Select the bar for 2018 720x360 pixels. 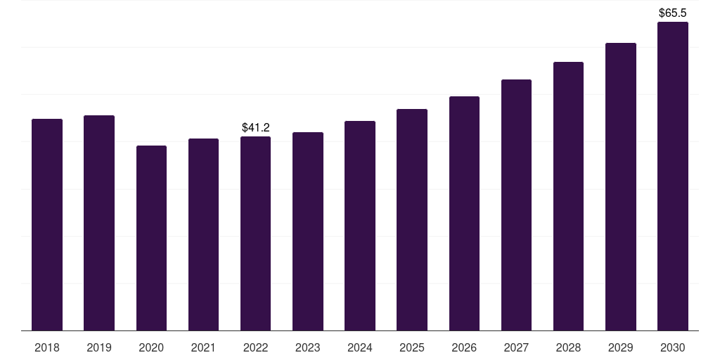pos(47,224)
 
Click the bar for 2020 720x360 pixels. pos(151,238)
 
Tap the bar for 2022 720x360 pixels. pos(255,233)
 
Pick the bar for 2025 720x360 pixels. pos(412,219)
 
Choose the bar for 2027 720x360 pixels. pos(516,205)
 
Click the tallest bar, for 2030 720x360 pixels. pos(673,176)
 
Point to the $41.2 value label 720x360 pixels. pos(256,127)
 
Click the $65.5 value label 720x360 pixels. pos(673,13)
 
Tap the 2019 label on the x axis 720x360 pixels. pos(99,347)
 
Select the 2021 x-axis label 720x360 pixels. pos(203,347)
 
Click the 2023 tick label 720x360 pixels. pos(308,347)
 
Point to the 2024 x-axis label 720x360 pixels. pos(360,347)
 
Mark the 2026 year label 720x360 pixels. pos(464,347)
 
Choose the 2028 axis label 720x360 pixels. pos(568,347)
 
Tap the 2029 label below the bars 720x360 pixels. pos(620,347)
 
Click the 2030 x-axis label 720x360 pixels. pos(673,347)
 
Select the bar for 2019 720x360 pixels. pos(99,223)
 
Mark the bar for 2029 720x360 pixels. pos(620,186)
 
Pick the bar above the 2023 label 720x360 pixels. pos(308,231)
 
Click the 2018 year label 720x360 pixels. pos(47,347)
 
